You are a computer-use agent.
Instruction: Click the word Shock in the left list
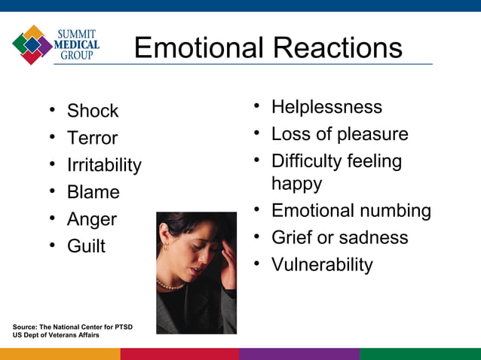[93, 111]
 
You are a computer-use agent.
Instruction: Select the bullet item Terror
[92, 138]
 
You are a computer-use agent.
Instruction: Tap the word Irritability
[104, 165]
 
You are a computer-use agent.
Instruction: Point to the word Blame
[93, 192]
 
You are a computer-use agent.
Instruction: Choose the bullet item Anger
[92, 219]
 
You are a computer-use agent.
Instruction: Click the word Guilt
[86, 246]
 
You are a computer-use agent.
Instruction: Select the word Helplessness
[326, 107]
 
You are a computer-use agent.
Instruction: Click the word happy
[296, 184]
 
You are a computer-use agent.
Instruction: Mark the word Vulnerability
[322, 265]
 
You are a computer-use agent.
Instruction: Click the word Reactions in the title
[337, 48]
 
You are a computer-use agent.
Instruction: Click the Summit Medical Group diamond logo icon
[32, 44]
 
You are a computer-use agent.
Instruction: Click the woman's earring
[165, 246]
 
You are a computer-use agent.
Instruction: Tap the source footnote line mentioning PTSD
[72, 326]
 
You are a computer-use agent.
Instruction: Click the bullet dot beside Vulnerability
[257, 264]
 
